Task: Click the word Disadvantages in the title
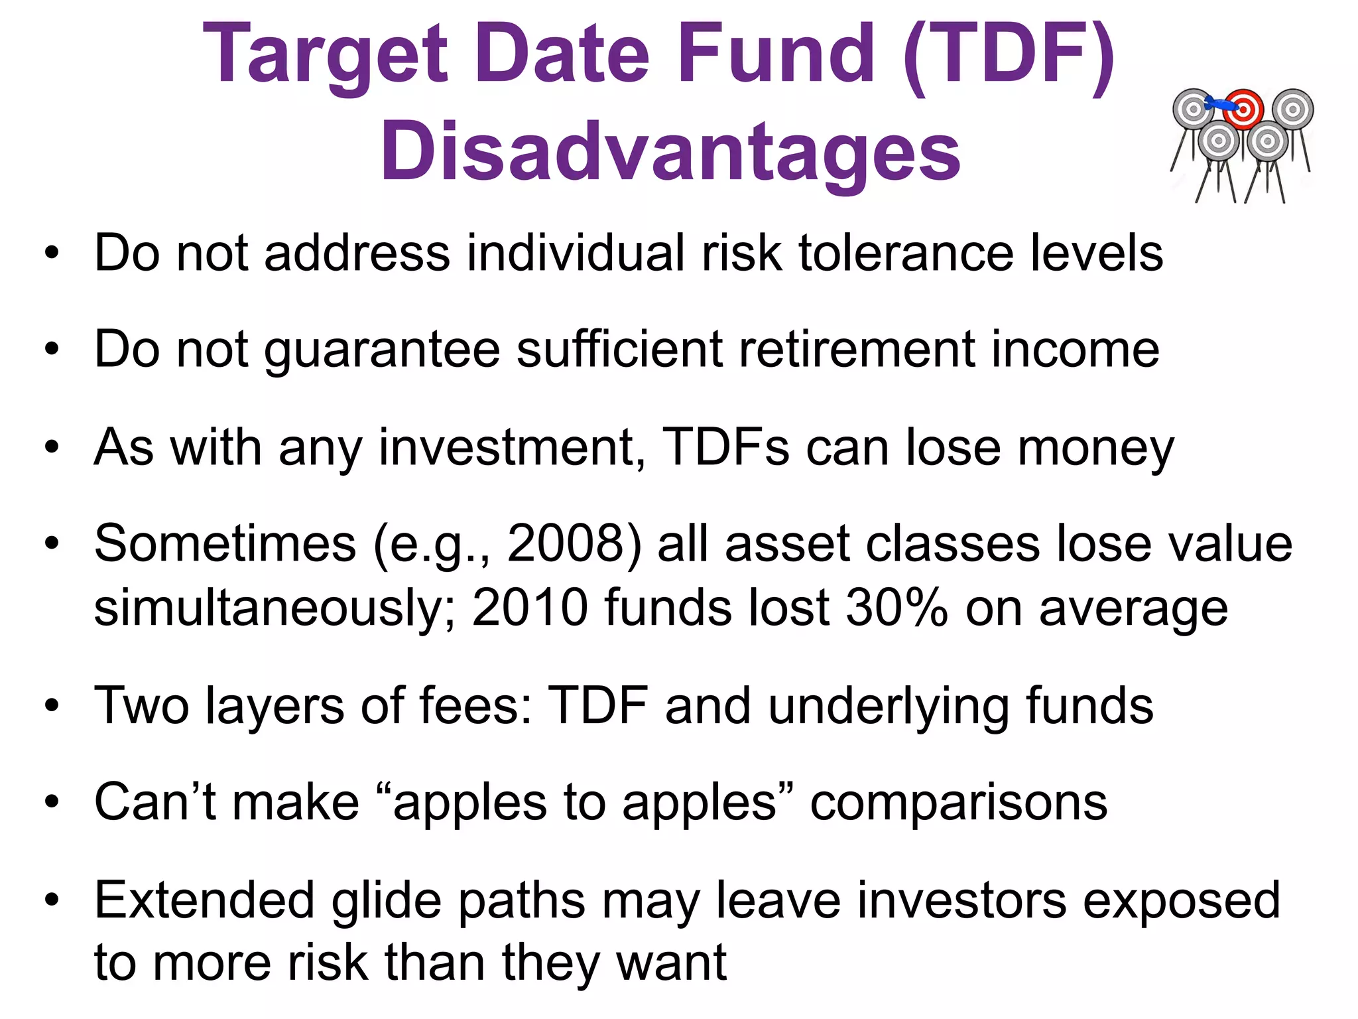pyautogui.click(x=670, y=153)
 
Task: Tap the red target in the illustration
pyautogui.click(x=1243, y=109)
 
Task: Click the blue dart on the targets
pyautogui.click(x=1220, y=103)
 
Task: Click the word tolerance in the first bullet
pyautogui.click(x=906, y=253)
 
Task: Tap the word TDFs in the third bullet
pyautogui.click(x=725, y=448)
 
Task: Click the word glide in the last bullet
pyautogui.click(x=386, y=901)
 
